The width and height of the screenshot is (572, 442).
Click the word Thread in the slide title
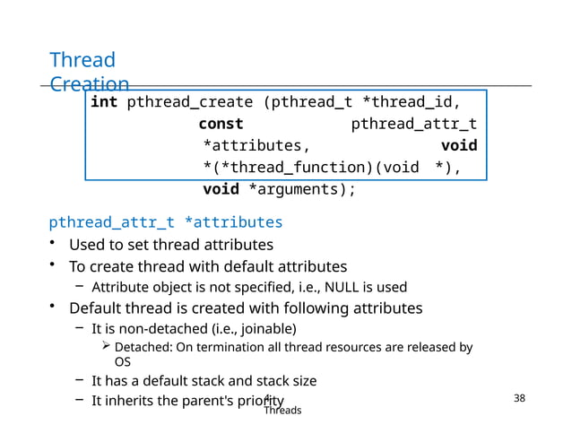point(82,60)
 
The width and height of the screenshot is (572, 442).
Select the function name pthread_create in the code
point(189,101)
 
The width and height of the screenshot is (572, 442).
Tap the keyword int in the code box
point(104,101)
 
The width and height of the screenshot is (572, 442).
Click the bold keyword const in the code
point(221,124)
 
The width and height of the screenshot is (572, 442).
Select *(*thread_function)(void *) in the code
point(332,168)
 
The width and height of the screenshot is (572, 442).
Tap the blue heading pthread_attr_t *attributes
point(166,221)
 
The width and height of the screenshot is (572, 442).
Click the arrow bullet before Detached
point(105,347)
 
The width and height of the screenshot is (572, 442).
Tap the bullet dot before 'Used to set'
point(55,245)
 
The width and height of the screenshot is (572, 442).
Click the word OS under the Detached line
point(124,362)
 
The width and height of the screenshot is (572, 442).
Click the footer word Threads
point(282,410)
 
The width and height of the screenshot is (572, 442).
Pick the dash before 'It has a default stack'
point(80,381)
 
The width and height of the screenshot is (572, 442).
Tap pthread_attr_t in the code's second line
point(413,124)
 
